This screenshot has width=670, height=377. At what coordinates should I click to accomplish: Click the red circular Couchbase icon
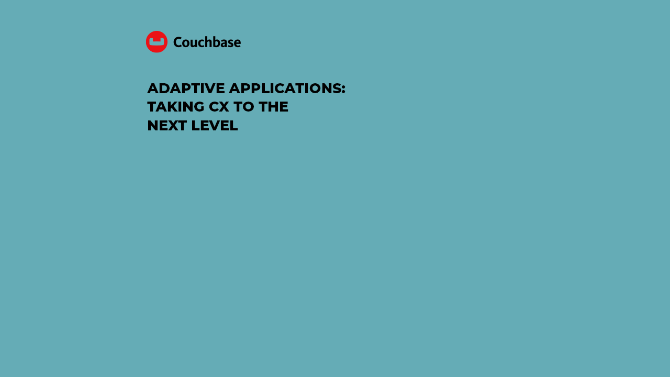click(x=157, y=41)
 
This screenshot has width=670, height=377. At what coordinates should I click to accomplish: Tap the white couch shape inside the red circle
click(x=157, y=41)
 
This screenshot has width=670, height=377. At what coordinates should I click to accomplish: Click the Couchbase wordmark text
click(x=207, y=42)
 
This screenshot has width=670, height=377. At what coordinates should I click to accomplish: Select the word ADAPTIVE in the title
click(x=186, y=88)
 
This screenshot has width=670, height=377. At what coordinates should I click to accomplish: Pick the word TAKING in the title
click(x=175, y=107)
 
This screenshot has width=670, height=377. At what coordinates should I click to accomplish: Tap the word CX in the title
click(x=219, y=107)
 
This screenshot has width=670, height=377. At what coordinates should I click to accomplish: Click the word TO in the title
click(x=244, y=107)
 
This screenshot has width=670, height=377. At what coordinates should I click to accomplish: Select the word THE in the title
click(x=273, y=107)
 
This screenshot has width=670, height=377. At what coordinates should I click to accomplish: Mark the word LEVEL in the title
click(x=215, y=126)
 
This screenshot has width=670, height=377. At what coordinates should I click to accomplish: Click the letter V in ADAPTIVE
click(x=209, y=88)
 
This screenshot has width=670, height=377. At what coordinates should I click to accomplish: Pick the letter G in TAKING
click(x=198, y=107)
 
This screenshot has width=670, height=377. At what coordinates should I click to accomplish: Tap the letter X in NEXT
click(x=171, y=126)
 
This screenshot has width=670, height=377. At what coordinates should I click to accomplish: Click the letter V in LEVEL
click(x=215, y=126)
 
